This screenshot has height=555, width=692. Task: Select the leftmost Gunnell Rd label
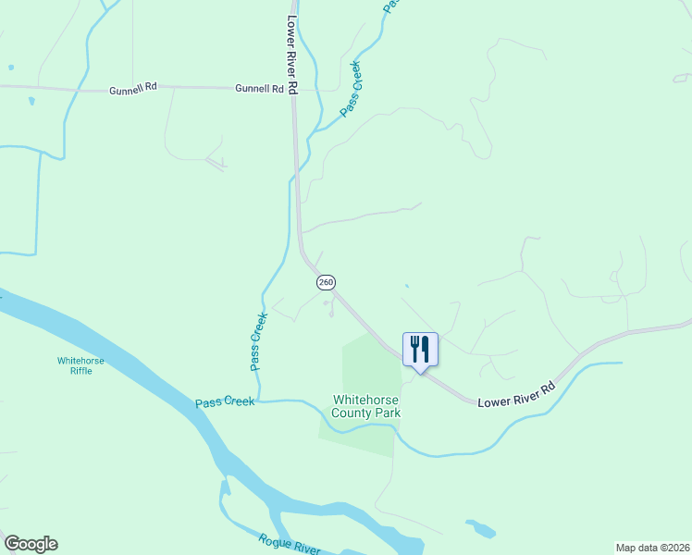[x=133, y=90]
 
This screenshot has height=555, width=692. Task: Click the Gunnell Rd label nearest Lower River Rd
[x=259, y=89]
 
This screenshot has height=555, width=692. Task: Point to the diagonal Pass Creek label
[x=351, y=88]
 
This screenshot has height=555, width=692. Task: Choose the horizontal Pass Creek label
[x=225, y=403]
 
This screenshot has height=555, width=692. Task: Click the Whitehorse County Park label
[x=366, y=406]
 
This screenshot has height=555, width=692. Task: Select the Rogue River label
[x=289, y=544]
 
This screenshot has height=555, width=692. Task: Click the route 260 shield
[x=325, y=281]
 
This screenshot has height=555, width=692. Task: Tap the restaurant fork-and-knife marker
[x=420, y=349]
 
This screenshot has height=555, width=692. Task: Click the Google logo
[x=31, y=544]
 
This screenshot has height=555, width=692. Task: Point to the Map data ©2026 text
[x=653, y=547]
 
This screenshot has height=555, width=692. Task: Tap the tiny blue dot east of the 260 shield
[x=406, y=286]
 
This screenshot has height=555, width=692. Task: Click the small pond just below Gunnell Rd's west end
[x=31, y=100]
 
